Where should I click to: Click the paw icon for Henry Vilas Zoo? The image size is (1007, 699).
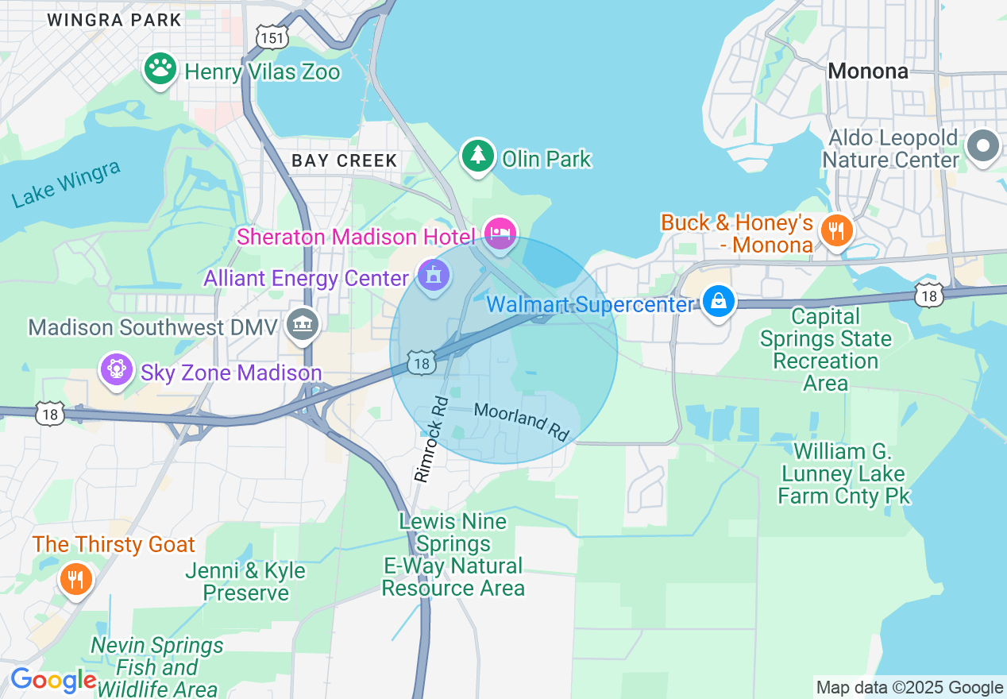point(160,70)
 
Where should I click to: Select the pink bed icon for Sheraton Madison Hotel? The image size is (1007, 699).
point(500,234)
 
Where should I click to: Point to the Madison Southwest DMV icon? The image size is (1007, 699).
point(302,324)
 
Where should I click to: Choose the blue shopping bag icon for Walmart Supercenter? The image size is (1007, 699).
point(718,302)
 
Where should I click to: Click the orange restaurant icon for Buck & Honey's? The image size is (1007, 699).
point(835,230)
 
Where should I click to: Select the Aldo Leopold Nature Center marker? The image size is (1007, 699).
point(983,146)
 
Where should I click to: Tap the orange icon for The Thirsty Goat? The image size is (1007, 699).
point(75,579)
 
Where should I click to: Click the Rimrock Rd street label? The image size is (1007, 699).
point(430,439)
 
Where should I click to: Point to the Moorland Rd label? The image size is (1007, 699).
point(522,422)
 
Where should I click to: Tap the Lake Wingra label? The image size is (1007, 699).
point(67,183)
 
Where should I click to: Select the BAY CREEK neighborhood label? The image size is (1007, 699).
point(344,160)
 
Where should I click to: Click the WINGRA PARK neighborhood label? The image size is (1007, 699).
point(114,20)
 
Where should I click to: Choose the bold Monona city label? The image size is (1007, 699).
point(867,71)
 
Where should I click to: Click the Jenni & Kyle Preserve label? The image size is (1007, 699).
point(245,581)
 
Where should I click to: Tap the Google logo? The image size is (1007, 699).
point(53,681)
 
